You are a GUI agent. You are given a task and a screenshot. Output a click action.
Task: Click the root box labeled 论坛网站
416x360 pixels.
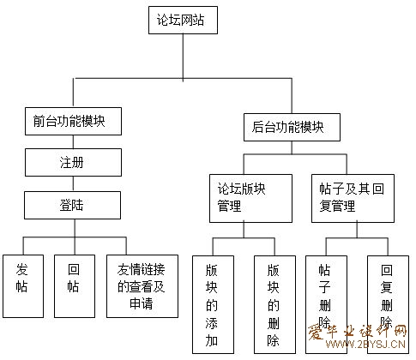point(183,20)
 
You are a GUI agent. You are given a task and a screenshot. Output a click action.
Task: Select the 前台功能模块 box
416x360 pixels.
point(73,121)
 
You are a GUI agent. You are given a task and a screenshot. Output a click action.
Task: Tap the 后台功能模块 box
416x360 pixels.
point(292,127)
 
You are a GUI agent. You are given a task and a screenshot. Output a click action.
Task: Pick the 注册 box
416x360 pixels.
point(73,162)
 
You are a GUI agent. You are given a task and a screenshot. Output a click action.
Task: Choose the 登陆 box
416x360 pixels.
point(72,205)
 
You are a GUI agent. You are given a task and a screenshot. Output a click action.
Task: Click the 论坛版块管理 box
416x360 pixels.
point(250,198)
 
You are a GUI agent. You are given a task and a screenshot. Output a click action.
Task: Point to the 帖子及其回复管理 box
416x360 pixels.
point(353,198)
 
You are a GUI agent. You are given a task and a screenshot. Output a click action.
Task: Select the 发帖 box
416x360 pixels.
point(23,286)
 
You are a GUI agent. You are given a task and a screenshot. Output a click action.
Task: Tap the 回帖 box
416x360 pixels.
point(75,286)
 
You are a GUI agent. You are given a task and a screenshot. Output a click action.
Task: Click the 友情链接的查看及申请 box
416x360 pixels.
point(142,286)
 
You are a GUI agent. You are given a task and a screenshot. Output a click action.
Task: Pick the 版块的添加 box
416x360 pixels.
point(213,304)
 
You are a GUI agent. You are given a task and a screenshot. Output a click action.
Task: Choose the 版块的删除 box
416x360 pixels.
point(274,304)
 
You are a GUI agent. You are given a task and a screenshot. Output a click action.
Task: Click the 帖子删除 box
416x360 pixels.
point(326,304)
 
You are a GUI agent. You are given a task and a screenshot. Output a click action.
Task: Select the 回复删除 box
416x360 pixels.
point(388,304)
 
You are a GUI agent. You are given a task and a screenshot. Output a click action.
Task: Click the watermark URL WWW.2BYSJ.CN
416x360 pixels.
point(365,344)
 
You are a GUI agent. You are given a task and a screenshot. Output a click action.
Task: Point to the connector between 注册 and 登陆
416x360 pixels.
point(73,183)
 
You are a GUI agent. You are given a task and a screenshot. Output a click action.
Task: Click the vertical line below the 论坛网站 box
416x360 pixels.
point(183,57)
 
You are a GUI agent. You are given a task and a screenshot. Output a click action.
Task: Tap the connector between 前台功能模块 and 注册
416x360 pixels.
point(73,141)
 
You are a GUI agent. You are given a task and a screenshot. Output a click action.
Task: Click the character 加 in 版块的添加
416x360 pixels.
point(212,340)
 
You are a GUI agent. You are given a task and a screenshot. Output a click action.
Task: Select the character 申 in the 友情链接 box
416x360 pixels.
point(136,303)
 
